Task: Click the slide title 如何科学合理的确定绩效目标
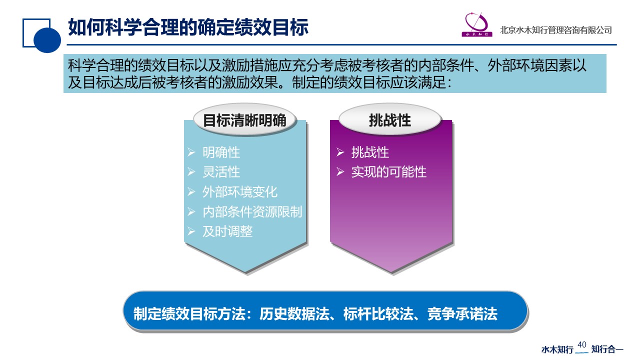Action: click(x=188, y=27)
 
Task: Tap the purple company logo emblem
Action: click(x=477, y=24)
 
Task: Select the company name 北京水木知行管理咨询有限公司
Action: click(x=555, y=30)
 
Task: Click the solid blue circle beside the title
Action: click(x=47, y=40)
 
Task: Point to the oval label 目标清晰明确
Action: click(x=244, y=120)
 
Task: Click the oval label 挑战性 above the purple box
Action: click(x=390, y=119)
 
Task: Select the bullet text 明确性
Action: click(x=221, y=152)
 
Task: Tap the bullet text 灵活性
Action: click(x=221, y=172)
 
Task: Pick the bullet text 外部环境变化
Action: click(x=240, y=191)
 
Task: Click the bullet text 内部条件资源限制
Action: click(x=252, y=211)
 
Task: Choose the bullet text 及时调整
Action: click(x=227, y=231)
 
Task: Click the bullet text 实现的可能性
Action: click(x=389, y=172)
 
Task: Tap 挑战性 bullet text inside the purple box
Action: click(x=370, y=152)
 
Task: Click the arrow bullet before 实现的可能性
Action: click(x=340, y=171)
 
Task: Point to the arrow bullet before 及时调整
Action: click(x=191, y=231)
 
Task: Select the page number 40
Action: click(x=581, y=345)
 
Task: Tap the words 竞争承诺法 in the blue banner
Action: click(x=462, y=313)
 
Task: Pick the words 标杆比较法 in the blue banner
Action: click(x=378, y=313)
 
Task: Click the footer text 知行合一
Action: click(x=607, y=349)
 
